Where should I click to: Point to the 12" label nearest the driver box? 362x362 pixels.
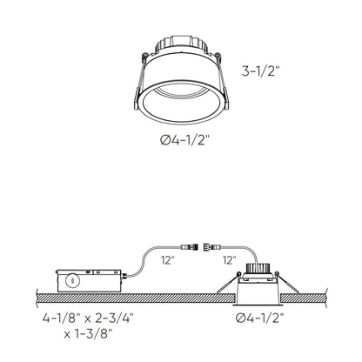pos(165,258)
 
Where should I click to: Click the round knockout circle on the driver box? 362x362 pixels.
pos(70,280)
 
